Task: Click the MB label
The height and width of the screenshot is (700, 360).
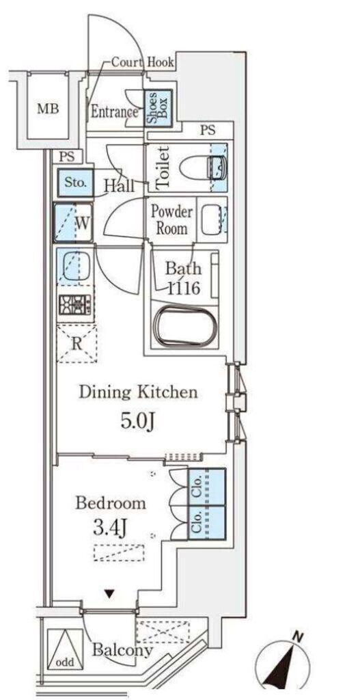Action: click(48, 109)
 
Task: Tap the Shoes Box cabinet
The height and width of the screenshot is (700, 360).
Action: click(158, 109)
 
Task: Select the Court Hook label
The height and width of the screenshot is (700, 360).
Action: click(142, 62)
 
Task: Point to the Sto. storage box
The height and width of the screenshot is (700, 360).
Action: click(75, 182)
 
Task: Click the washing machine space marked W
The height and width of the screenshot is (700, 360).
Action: click(73, 223)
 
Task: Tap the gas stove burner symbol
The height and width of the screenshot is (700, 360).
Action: click(74, 306)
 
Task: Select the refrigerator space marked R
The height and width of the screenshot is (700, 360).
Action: click(77, 343)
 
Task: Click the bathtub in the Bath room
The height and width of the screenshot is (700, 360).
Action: click(186, 325)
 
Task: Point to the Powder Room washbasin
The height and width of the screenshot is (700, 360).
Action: click(210, 219)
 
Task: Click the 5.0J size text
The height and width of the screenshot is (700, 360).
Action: click(138, 420)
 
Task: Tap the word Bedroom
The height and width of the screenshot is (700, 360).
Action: click(110, 503)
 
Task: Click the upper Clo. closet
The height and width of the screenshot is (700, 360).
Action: click(206, 486)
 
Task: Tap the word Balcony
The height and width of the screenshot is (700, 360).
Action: click(122, 651)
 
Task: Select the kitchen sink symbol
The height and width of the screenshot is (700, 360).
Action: click(74, 267)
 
